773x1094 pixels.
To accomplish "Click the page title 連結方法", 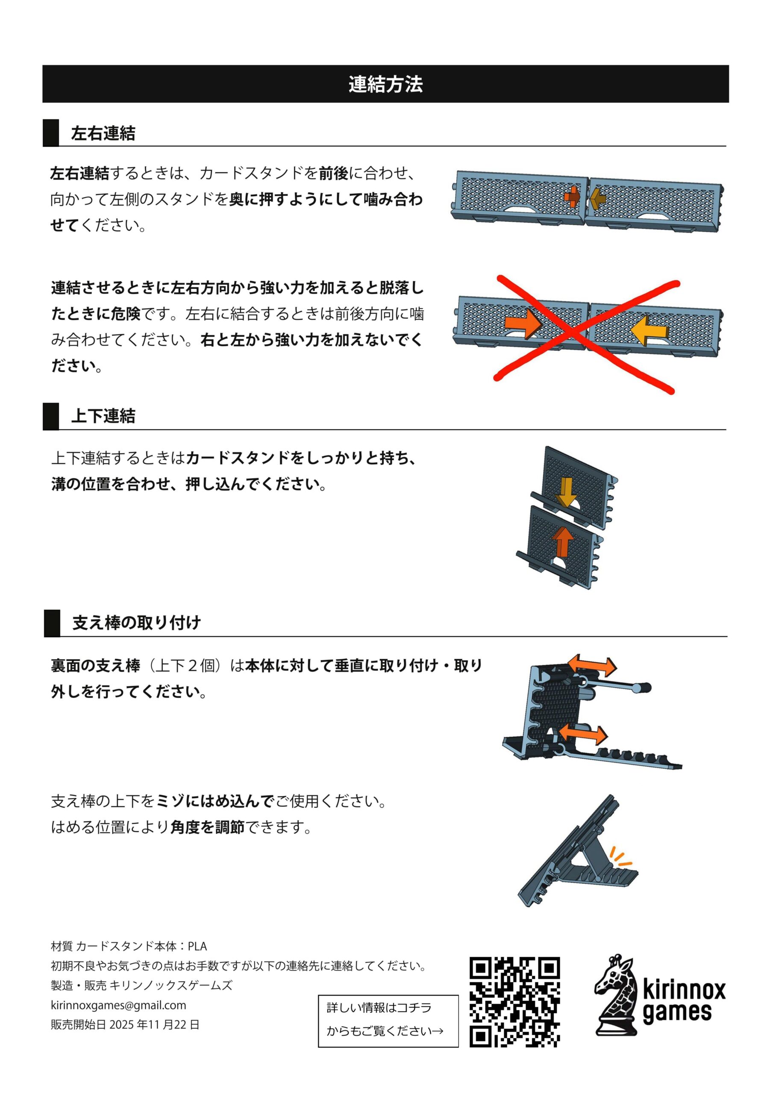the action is tap(385, 84).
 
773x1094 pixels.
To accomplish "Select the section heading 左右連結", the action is tap(103, 133).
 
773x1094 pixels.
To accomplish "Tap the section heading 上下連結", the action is tap(103, 416).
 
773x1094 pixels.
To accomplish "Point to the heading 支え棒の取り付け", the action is tap(136, 622).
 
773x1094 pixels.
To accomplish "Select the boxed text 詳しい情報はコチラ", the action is tap(379, 1007).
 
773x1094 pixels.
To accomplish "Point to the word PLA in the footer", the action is tap(197, 946).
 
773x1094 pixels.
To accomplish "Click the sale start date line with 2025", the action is tap(125, 1024).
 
